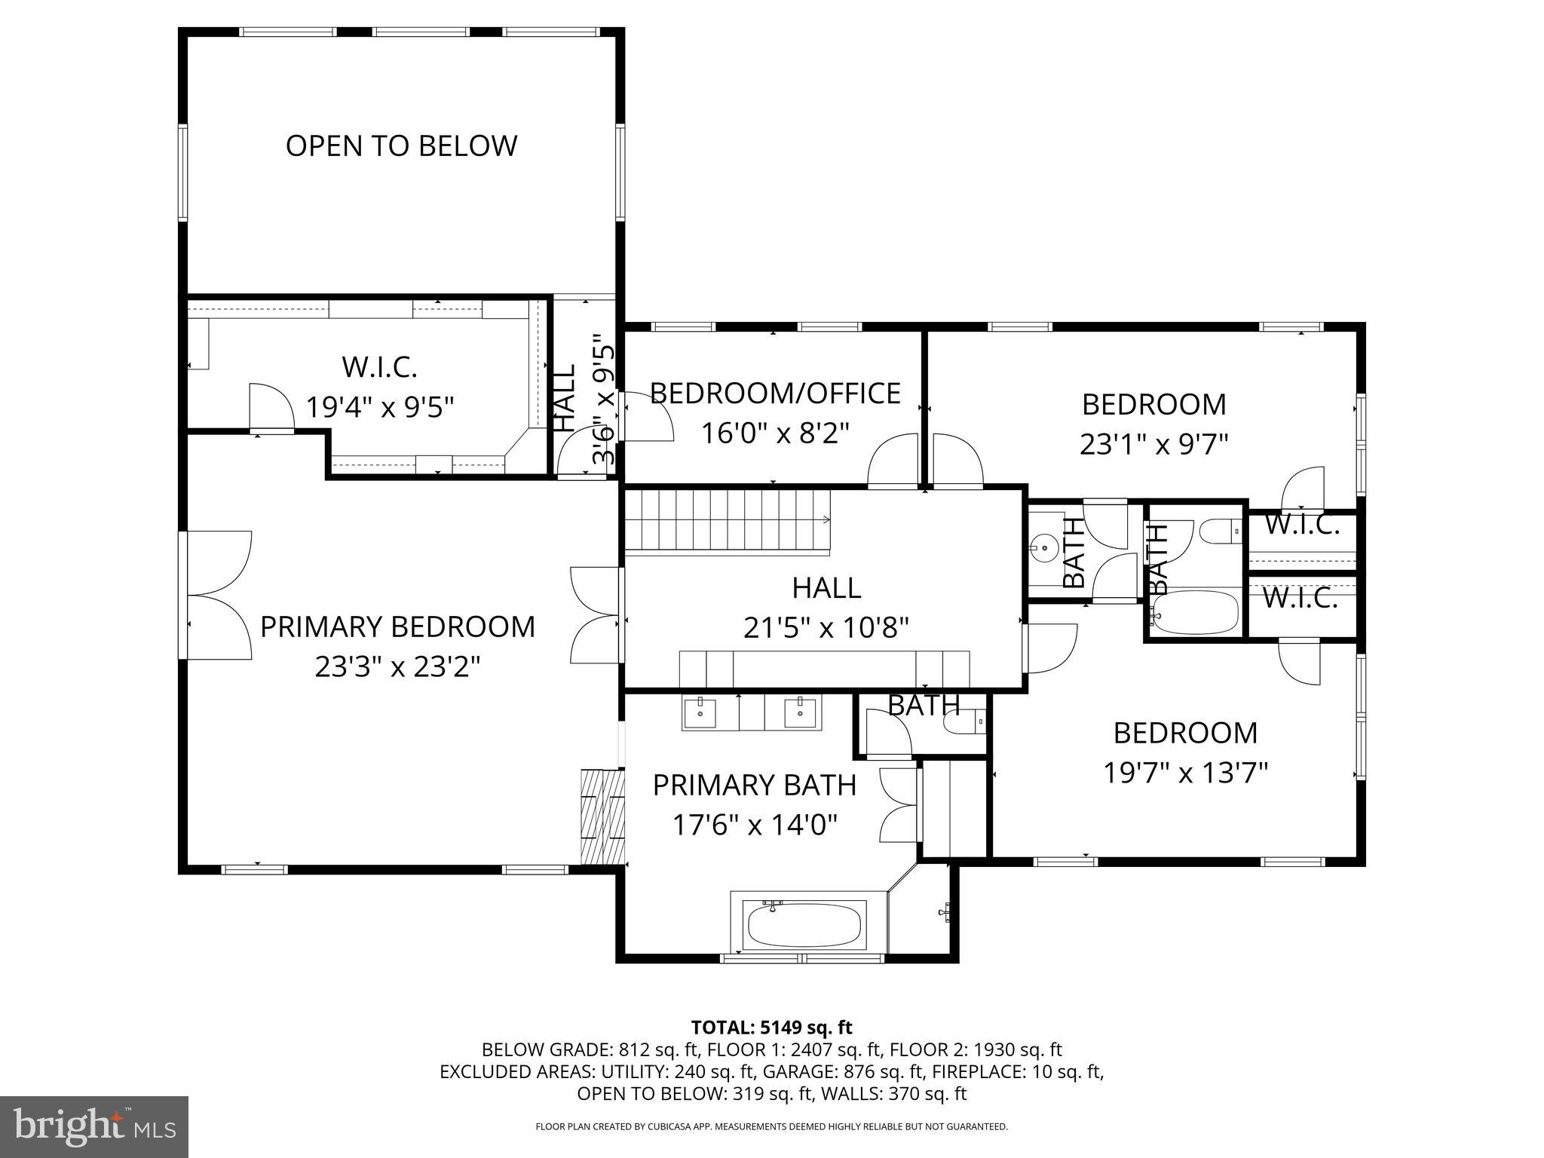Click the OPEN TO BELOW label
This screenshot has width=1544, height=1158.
click(x=401, y=146)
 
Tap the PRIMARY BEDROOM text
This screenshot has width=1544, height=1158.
click(x=397, y=627)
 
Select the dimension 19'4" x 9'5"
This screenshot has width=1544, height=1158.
click(x=380, y=408)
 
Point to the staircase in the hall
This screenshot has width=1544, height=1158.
click(x=728, y=520)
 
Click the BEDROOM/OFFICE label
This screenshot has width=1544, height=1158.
click(x=775, y=394)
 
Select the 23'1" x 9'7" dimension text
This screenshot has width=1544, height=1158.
click(x=1154, y=444)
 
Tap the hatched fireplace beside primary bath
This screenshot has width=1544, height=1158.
click(x=603, y=816)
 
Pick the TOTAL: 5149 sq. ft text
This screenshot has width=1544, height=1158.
click(x=771, y=1027)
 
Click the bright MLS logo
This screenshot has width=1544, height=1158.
click(x=94, y=1127)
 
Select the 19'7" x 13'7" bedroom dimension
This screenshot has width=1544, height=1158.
click(x=1185, y=773)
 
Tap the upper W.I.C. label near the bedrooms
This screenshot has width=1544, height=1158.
click(x=1301, y=525)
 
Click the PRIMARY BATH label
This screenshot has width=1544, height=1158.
click(x=754, y=786)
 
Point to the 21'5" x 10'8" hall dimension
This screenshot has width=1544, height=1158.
click(x=826, y=627)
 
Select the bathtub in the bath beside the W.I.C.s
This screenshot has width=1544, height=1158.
click(x=1196, y=612)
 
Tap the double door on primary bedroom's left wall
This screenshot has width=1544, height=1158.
click(x=219, y=596)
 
